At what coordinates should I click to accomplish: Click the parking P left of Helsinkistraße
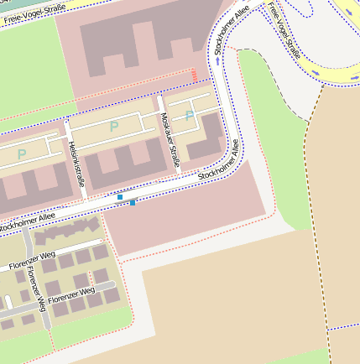click(22, 153)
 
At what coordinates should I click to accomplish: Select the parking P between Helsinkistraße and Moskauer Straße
click(114, 127)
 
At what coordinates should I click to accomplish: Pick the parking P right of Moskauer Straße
click(190, 115)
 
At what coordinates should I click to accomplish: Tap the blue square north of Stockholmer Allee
click(120, 196)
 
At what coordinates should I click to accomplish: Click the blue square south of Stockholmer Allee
click(133, 202)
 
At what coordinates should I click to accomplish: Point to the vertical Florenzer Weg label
click(31, 284)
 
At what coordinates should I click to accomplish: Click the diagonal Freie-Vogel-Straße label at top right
click(284, 29)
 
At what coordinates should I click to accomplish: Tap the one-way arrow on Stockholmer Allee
click(217, 61)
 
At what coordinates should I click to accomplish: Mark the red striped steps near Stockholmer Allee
click(196, 75)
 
